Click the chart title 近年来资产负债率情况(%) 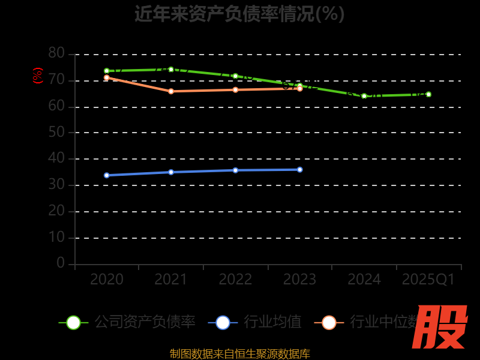(x=239, y=13)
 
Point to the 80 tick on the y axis (x=56, y=53)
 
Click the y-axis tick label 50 (x=56, y=132)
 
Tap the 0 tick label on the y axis (x=61, y=263)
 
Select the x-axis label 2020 (x=107, y=280)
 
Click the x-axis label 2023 (x=299, y=280)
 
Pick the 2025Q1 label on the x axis (x=428, y=280)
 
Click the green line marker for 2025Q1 (x=428, y=94)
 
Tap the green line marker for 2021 (x=171, y=69)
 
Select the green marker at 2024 (x=364, y=96)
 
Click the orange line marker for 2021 (x=171, y=91)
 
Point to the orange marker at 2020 (x=107, y=77)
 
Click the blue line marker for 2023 (x=300, y=169)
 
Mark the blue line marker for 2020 (x=107, y=175)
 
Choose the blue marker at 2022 (x=235, y=170)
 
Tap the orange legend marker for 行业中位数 (x=329, y=322)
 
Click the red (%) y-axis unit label (x=37, y=76)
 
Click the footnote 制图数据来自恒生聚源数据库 (x=239, y=353)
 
